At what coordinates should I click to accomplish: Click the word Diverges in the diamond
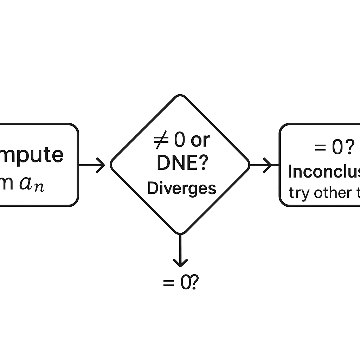click(181, 189)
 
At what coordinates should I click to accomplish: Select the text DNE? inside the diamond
click(181, 163)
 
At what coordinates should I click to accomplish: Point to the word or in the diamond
click(200, 141)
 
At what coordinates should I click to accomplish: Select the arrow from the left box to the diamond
click(92, 165)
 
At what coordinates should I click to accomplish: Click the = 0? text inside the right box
click(334, 148)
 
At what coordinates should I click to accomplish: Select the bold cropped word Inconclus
click(323, 172)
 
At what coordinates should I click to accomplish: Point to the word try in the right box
click(299, 193)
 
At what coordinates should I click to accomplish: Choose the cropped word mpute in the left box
click(32, 155)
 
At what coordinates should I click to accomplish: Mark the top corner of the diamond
click(180, 95)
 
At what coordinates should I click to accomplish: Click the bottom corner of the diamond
click(180, 233)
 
